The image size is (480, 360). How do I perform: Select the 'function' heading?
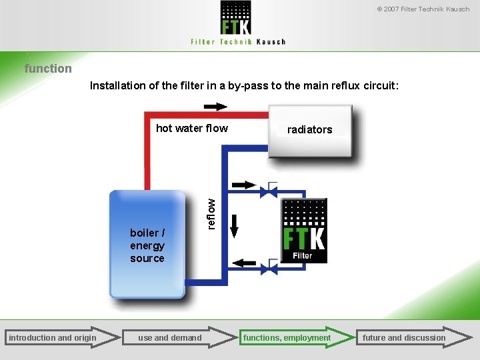click(48, 68)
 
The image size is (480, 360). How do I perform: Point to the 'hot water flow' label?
click(192, 128)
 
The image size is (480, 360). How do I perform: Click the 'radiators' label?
click(309, 129)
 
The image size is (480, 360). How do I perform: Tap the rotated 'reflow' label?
click(211, 214)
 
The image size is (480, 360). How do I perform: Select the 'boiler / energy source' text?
click(147, 245)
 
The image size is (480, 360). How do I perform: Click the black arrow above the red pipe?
click(215, 107)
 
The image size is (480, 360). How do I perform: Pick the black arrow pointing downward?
click(234, 226)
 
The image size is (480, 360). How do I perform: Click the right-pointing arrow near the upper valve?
click(243, 185)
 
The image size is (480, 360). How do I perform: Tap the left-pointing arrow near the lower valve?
click(244, 263)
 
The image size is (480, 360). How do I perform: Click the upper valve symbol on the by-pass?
click(270, 191)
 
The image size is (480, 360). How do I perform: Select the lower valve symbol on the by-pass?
click(270, 269)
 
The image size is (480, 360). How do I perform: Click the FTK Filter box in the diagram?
click(304, 230)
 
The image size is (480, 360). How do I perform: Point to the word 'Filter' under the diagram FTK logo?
click(303, 255)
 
